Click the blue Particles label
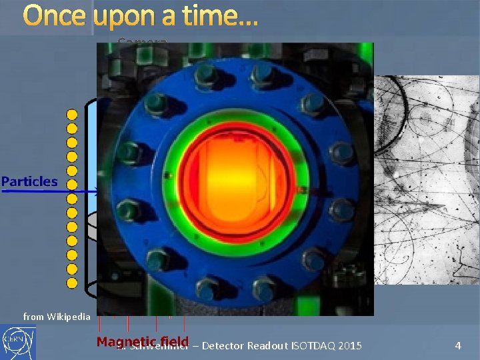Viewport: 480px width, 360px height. tap(29, 181)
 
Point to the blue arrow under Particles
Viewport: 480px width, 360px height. tap(47, 191)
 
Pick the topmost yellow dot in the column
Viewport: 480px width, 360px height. tap(72, 114)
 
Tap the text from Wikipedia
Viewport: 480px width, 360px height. tap(56, 317)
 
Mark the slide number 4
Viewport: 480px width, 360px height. tap(458, 345)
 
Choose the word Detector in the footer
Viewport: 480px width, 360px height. tap(223, 345)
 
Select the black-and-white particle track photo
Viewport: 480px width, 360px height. tap(427, 180)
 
